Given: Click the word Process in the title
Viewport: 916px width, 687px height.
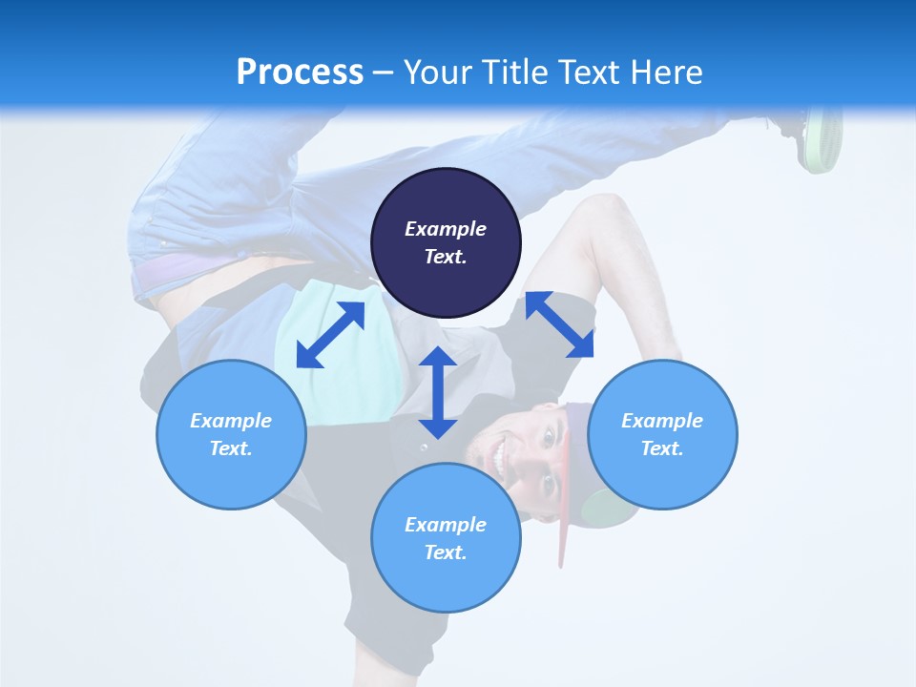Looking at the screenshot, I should [x=300, y=73].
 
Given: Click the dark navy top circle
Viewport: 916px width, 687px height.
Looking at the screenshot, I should [x=446, y=243].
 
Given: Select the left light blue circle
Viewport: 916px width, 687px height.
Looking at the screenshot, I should [x=231, y=434].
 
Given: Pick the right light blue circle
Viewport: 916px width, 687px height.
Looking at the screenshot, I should [x=662, y=434].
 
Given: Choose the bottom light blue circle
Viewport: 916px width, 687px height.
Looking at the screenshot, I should [x=446, y=538].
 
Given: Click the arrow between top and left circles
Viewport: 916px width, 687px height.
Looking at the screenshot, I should [x=330, y=335].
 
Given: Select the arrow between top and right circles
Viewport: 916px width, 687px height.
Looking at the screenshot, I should [x=559, y=324].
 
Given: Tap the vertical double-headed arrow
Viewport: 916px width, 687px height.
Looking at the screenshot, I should [x=438, y=392].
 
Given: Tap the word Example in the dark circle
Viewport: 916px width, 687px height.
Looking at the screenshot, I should [x=446, y=229].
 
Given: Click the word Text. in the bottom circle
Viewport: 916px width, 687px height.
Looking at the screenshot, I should [x=446, y=552].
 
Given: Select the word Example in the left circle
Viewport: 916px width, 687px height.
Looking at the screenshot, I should [x=231, y=421].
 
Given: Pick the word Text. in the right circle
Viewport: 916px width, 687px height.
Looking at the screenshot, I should [x=662, y=448].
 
